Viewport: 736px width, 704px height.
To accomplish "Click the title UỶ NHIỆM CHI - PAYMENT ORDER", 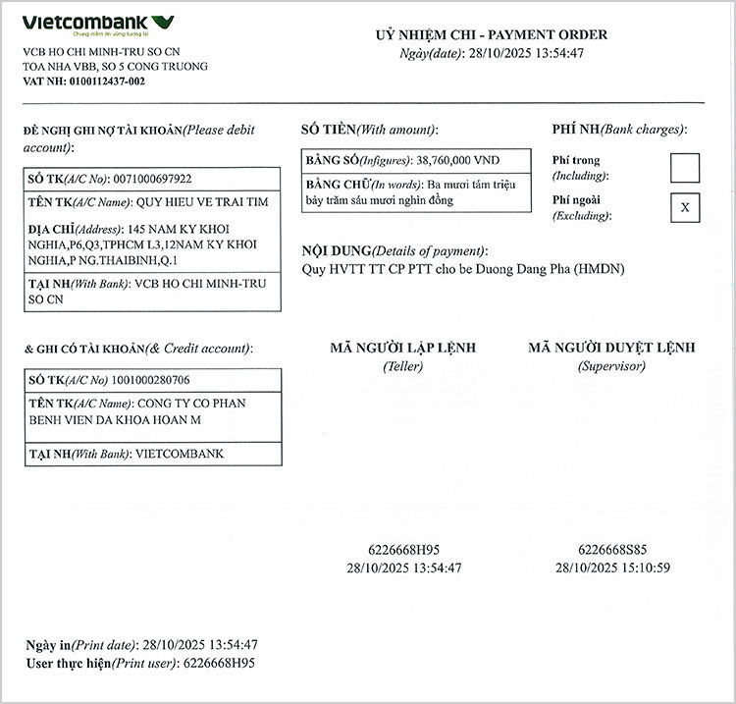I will point(492,35).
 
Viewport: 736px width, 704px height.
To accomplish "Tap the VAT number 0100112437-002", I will point(107,81).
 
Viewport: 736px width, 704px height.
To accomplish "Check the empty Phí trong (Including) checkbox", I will point(685,168).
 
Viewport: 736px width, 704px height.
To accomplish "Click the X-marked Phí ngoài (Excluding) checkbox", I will point(685,207).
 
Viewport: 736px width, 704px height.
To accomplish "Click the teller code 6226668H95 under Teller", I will point(403,550).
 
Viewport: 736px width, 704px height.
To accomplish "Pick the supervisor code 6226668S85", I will point(612,550).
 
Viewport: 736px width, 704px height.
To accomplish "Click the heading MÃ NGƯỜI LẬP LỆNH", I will point(402,348).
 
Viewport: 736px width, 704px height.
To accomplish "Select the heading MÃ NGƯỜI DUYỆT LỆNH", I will point(611,348).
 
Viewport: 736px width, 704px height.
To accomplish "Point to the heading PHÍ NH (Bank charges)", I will point(619,130).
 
